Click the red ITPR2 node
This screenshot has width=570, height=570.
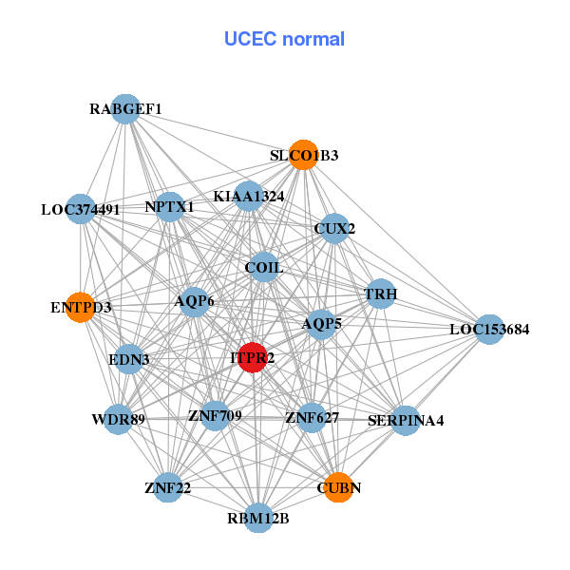(252, 358)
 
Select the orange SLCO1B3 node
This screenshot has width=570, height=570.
(303, 155)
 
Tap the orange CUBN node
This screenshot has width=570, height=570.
(338, 487)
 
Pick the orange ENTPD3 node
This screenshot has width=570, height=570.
(82, 307)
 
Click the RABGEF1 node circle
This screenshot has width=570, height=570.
(125, 109)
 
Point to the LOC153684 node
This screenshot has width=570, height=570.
(489, 330)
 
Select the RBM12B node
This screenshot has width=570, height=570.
(258, 518)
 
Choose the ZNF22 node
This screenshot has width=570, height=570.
(168, 487)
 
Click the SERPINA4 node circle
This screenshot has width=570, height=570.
(406, 420)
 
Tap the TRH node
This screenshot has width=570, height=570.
(380, 294)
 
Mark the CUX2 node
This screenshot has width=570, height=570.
(333, 228)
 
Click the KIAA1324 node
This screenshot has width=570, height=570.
(249, 197)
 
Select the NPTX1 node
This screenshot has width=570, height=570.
(170, 206)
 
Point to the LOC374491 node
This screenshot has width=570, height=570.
(81, 209)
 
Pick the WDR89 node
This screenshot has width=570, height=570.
(118, 419)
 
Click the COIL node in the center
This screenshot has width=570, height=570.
(264, 268)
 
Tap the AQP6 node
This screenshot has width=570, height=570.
(195, 301)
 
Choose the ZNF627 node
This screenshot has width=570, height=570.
(312, 416)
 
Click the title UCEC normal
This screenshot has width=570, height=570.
(284, 39)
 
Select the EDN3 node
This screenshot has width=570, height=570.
(128, 360)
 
